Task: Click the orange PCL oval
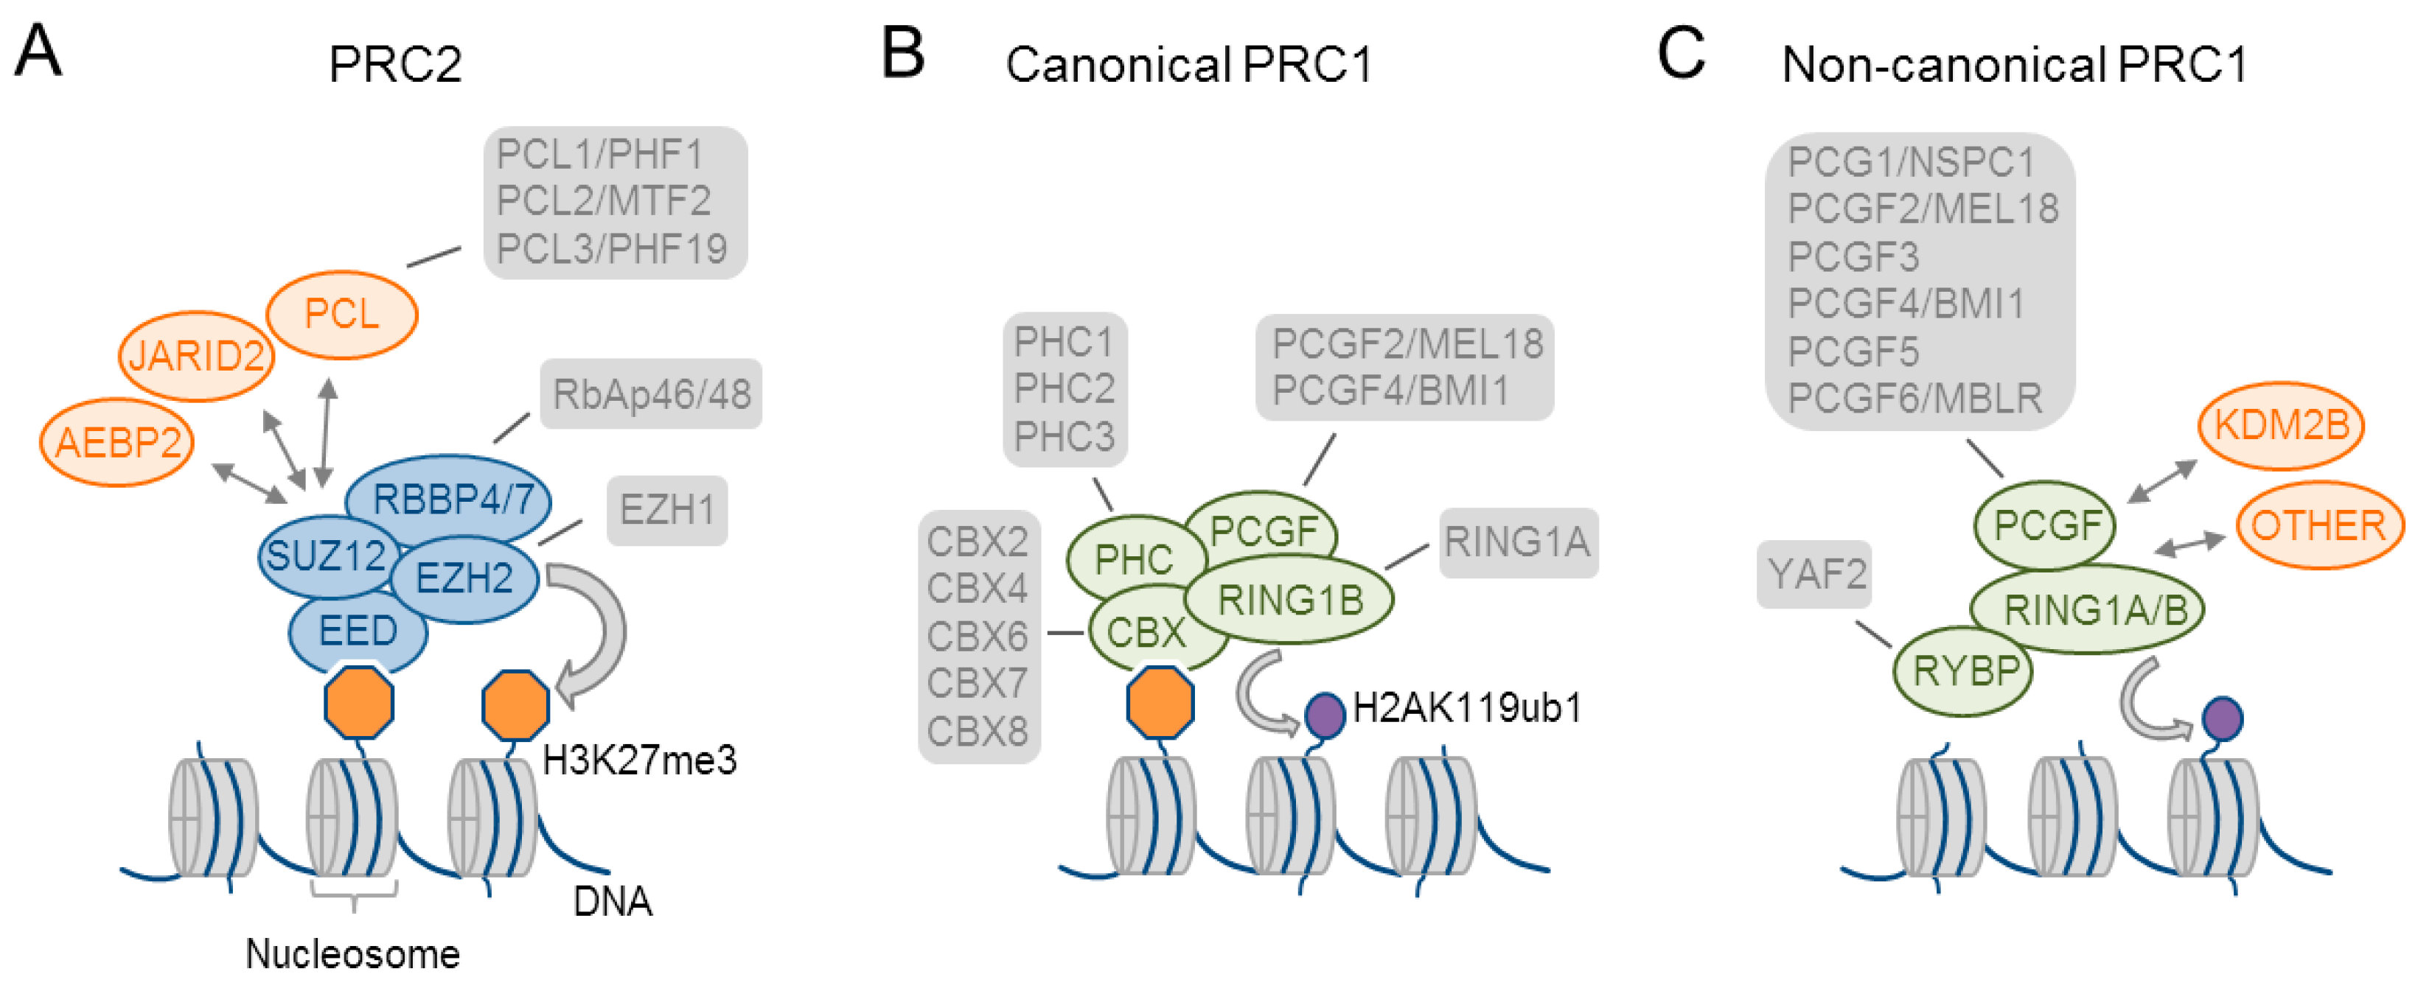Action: (x=341, y=315)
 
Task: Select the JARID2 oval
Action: (x=196, y=357)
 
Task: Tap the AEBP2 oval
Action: (x=117, y=443)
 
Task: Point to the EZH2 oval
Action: (x=464, y=579)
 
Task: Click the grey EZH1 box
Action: (x=666, y=511)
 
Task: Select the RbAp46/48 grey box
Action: (x=652, y=394)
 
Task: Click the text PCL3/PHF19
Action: (x=611, y=250)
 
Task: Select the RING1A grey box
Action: (x=1517, y=542)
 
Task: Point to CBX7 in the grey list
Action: (x=977, y=683)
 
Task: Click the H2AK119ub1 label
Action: (x=1467, y=707)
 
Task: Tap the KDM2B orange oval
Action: (x=2281, y=426)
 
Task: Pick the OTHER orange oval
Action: (x=2318, y=525)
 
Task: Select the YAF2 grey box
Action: (x=1816, y=574)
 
